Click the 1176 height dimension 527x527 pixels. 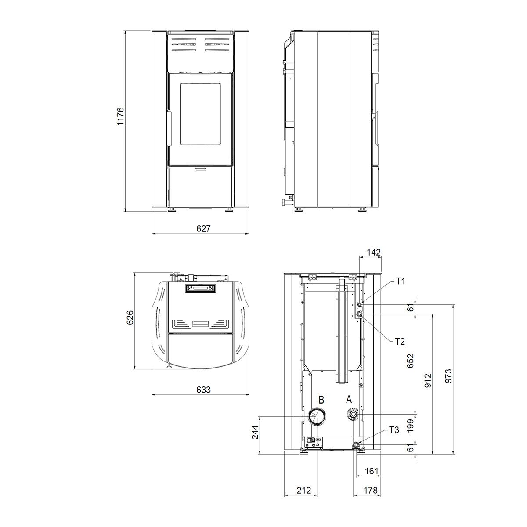tap(120, 116)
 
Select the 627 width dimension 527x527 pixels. tap(203, 228)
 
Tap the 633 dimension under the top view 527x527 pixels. tap(203, 390)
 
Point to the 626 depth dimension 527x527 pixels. tap(130, 317)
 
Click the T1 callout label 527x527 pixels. tap(401, 281)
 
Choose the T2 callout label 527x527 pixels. tap(400, 342)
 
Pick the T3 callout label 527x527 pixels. tap(394, 430)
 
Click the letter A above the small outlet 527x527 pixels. tap(349, 400)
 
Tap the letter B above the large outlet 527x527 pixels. tap(321, 400)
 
